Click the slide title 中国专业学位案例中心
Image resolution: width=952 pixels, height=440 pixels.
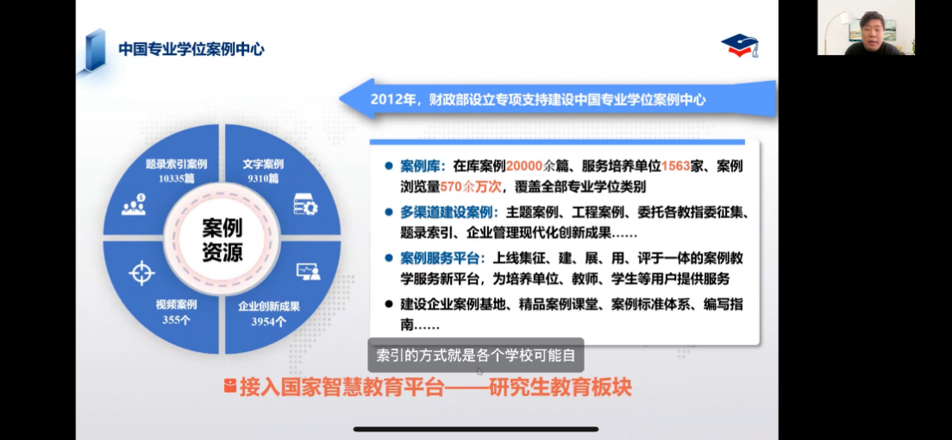pos(191,49)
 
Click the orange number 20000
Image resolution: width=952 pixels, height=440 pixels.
pos(524,167)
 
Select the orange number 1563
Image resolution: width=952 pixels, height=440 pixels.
pos(676,167)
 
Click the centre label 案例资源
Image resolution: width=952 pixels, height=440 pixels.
pos(222,240)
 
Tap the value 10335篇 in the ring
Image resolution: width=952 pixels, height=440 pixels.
pos(177,178)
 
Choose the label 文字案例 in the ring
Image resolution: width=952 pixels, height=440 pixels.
pos(263,164)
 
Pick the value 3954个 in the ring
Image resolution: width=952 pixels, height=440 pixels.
pos(269,322)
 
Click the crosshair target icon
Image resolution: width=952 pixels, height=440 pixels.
pos(142,273)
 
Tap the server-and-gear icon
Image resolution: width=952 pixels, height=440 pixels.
pos(306,204)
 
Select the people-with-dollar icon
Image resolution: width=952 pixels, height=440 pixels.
pos(135,204)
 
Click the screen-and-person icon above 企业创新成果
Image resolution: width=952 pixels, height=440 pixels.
pos(309,272)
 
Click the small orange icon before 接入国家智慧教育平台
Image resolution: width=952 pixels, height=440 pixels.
pos(230,386)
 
